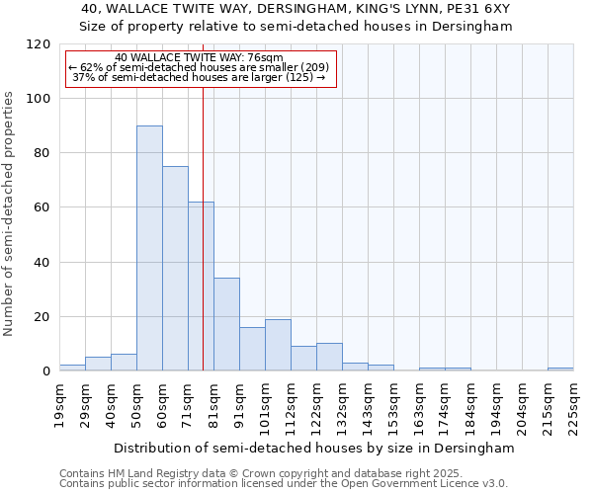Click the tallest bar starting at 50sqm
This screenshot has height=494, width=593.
[149, 248]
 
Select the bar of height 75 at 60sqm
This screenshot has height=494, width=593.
[175, 269]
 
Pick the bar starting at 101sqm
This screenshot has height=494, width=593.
[278, 345]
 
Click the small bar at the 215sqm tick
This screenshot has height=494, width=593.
[560, 370]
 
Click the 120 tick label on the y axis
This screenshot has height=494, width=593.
[40, 44]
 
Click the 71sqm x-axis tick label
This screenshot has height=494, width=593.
[189, 403]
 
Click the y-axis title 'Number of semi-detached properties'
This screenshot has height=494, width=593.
[9, 208]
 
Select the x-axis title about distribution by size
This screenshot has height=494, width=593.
[314, 448]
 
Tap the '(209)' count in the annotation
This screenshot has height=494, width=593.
[309, 67]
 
